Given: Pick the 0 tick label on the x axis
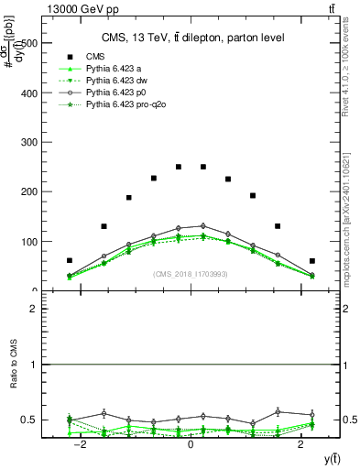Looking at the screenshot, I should tap(191, 444).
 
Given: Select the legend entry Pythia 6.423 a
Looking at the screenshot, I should tap(115, 69).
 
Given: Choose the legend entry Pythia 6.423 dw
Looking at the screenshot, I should tap(117, 81).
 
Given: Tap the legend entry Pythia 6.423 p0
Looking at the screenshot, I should tap(116, 93).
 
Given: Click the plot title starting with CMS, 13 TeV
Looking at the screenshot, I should tap(191, 37).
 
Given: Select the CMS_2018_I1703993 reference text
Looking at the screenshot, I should tap(191, 274).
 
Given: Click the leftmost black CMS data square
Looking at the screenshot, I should tap(70, 261).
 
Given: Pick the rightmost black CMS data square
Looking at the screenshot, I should tap(311, 261).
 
